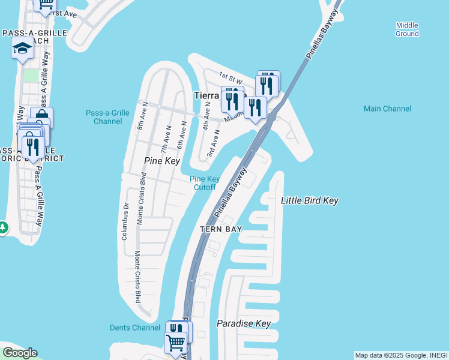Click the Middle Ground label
[407, 29]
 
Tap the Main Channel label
[387, 109]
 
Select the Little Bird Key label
[310, 200]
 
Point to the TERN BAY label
[221, 229]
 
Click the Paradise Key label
[244, 324]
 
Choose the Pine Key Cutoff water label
[205, 183]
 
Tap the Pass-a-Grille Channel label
[107, 117]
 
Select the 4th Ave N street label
[206, 116]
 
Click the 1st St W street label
[231, 78]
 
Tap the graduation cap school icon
[22, 48]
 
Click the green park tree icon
[2, 228]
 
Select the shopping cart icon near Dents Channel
[175, 343]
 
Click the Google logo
[19, 353]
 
